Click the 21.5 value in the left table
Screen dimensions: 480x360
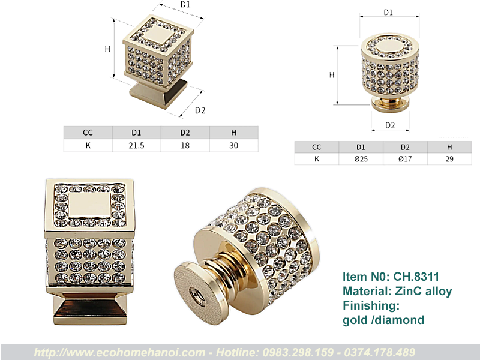point(136,145)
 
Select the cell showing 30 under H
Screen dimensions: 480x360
point(233,145)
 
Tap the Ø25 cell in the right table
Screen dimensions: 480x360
point(361,159)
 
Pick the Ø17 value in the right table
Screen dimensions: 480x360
point(405,159)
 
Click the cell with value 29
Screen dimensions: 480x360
point(449,159)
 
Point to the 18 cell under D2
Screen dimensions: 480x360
point(185,145)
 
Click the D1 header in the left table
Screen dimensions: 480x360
point(136,133)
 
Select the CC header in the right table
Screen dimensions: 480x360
point(317,147)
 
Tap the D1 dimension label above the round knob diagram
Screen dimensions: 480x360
point(388,12)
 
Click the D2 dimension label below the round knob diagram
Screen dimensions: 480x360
point(390,125)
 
